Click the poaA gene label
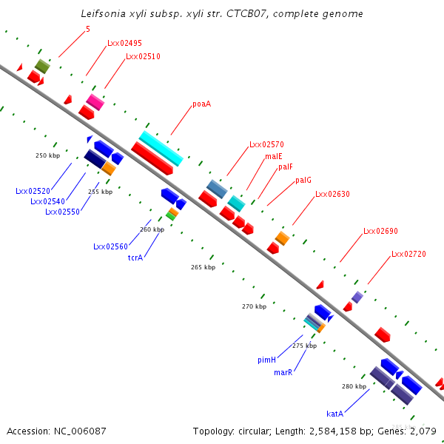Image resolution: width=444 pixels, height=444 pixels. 201,104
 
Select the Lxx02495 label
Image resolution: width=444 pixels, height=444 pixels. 124,43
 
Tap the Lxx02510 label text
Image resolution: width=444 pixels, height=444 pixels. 143,56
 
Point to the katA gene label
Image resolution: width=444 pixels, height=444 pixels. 334,414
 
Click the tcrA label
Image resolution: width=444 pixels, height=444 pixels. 135,258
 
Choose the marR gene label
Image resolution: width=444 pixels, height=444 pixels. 283,372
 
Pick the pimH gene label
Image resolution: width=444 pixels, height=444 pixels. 266,360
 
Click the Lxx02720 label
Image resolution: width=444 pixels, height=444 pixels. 408,254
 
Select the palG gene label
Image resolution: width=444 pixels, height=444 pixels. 303,180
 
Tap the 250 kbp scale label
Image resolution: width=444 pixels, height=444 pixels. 47,155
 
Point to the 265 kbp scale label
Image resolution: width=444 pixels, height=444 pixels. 203,267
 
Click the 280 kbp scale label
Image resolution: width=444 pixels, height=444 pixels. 354,386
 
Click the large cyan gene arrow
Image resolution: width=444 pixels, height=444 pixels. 161,148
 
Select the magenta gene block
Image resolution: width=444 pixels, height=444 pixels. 95,101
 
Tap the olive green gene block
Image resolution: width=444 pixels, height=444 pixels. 42,66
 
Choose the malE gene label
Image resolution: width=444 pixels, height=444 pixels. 274,157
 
